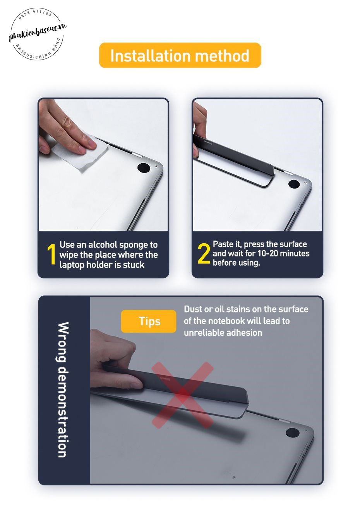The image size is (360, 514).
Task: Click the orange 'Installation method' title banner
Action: click(180, 55)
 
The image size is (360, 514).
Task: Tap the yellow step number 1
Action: click(51, 254)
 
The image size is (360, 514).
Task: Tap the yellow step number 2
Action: click(204, 253)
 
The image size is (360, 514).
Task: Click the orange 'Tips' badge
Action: click(149, 321)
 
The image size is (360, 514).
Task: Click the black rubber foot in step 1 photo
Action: click(144, 167)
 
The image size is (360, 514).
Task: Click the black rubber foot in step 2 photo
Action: click(294, 184)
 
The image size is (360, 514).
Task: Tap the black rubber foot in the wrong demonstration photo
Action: click(293, 432)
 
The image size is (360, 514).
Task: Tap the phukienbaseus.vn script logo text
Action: click(38, 32)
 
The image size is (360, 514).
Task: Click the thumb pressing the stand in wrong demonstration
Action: click(127, 383)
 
